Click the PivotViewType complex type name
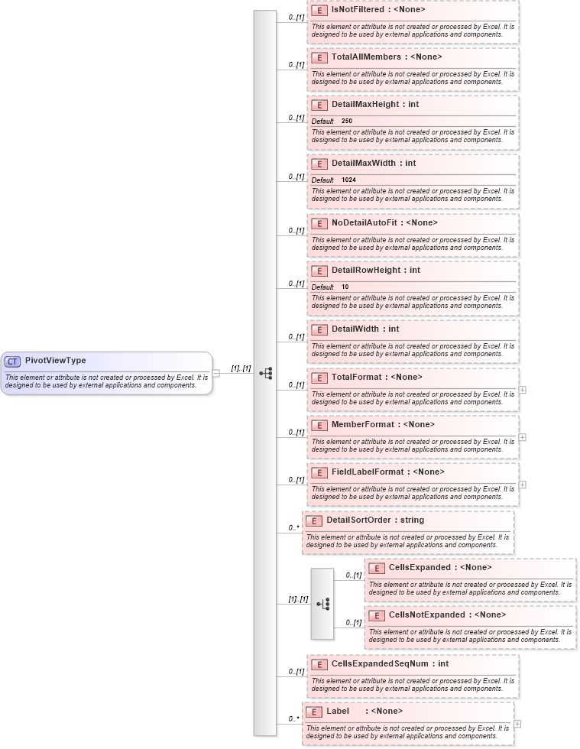click(x=55, y=361)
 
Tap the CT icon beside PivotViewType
click(x=12, y=362)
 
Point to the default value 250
click(x=347, y=122)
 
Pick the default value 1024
click(x=348, y=180)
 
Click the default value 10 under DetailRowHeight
click(x=345, y=287)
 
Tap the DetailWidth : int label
click(x=365, y=329)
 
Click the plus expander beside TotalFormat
click(x=522, y=390)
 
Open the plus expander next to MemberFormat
click(x=522, y=437)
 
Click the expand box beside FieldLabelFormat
click(x=522, y=485)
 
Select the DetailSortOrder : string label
click(x=375, y=520)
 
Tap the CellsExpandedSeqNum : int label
click(x=390, y=663)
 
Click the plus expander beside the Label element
click(x=517, y=724)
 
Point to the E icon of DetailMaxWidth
click(x=320, y=164)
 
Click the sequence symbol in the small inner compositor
click(x=322, y=604)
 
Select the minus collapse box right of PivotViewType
click(x=216, y=374)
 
